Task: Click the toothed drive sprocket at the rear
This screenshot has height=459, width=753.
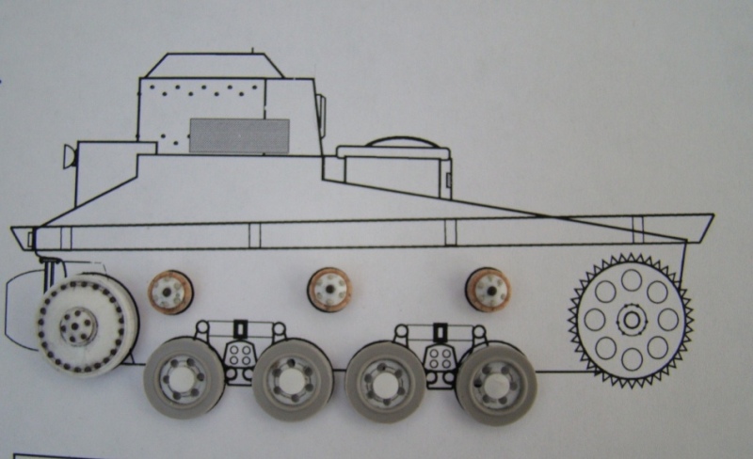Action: pos(631,320)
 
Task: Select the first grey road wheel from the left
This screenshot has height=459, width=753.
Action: pos(184,377)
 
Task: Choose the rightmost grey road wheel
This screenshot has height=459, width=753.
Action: pos(495,379)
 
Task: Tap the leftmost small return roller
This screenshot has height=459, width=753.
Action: pos(170,292)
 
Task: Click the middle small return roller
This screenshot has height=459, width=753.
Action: pos(328,289)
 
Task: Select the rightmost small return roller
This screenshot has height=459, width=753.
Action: pos(489,289)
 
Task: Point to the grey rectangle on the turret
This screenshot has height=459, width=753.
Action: pos(239,135)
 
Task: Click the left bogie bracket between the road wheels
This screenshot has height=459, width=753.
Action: pos(239,348)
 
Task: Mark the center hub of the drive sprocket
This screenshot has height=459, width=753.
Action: pos(631,320)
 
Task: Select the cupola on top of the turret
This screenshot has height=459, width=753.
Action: pos(216,65)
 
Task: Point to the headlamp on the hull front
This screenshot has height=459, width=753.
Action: pos(69,155)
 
